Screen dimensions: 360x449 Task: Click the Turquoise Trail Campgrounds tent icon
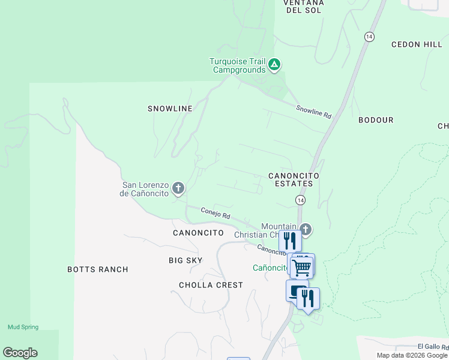tap(274, 64)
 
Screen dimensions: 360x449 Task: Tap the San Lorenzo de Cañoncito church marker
tap(178, 189)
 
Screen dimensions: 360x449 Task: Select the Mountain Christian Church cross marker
tap(306, 229)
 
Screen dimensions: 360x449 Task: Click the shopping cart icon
tap(303, 266)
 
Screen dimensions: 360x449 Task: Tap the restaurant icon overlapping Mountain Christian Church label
tap(290, 241)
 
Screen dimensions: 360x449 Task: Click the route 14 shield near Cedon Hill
tap(369, 37)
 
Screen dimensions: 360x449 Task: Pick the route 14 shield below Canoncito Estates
tap(300, 199)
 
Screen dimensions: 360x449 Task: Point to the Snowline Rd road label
tap(313, 111)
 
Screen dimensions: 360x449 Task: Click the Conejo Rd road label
tap(215, 214)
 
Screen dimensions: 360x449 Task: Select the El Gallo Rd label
tap(432, 347)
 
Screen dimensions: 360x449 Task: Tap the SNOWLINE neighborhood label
tap(170, 109)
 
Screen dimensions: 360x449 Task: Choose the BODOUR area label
tap(376, 120)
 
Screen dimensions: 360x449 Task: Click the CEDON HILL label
tap(417, 44)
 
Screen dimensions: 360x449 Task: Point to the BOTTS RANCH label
tap(98, 269)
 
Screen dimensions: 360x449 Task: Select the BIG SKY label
tap(185, 260)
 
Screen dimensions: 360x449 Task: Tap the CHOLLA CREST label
tap(211, 285)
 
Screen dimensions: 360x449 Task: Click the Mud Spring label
tap(23, 327)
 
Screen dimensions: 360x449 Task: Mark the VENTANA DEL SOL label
tap(304, 6)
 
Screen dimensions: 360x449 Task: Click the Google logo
tap(20, 353)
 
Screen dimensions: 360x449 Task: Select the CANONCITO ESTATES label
tap(292, 179)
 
